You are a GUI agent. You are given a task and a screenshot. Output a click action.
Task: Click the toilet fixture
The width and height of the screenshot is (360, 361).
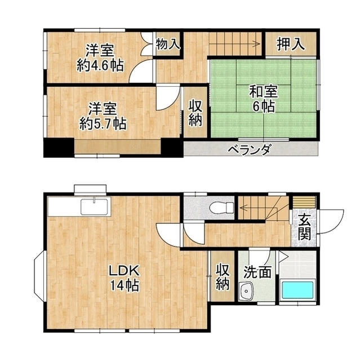click(221, 207)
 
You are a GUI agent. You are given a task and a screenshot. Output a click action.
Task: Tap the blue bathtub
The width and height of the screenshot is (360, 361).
click(297, 289)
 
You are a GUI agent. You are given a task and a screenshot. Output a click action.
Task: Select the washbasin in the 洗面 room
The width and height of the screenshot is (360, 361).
click(246, 291)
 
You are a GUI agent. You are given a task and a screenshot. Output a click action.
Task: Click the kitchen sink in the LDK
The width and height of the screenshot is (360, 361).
click(94, 206)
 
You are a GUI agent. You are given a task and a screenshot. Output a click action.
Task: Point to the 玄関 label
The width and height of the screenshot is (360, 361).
click(304, 227)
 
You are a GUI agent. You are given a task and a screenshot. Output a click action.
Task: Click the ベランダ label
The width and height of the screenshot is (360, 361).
click(250, 149)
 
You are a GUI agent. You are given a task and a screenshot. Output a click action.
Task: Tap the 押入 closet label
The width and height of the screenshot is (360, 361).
click(291, 44)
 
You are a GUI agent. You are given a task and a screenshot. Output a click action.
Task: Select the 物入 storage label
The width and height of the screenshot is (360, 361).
click(167, 44)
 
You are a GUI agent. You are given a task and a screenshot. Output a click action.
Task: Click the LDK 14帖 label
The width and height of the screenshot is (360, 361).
click(124, 278)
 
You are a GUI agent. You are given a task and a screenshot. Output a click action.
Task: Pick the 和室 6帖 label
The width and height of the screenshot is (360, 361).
click(264, 99)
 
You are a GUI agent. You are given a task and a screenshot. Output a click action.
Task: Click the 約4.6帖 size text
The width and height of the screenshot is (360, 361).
click(100, 65)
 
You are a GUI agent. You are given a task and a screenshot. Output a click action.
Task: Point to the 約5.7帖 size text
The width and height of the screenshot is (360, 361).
click(103, 124)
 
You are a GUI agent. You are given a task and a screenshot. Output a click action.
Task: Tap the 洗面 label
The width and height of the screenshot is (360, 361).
click(257, 272)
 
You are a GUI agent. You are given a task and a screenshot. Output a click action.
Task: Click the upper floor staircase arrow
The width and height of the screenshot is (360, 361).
click(234, 43)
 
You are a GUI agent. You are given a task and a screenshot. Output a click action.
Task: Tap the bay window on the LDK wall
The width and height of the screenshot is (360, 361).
click(39, 276)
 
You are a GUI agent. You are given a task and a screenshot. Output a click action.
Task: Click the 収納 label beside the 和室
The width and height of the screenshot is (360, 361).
click(195, 113)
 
